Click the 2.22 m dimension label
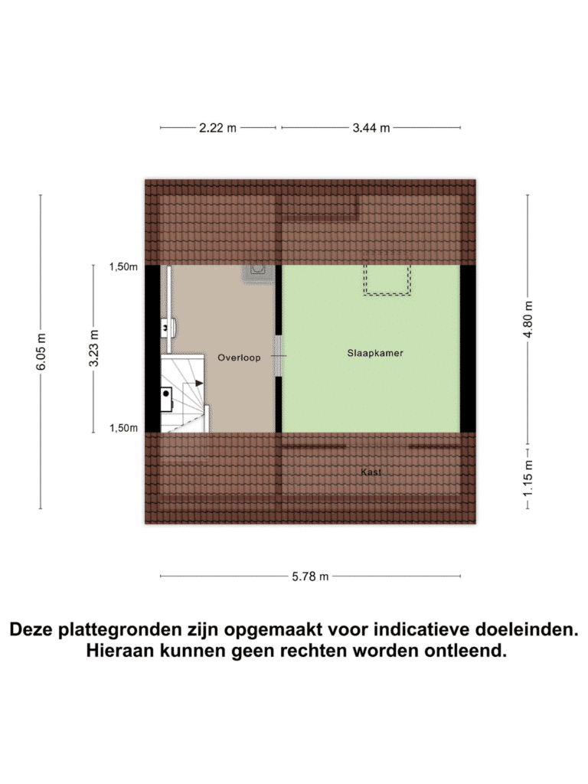tap(217, 128)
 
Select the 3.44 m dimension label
tap(371, 128)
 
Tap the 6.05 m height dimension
tap(41, 351)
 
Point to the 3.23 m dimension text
tap(94, 348)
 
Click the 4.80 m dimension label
tap(528, 319)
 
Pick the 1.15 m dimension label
tap(528, 479)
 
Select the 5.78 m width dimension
tap(311, 577)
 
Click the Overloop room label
tap(239, 358)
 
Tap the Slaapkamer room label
tap(375, 353)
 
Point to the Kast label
tap(371, 472)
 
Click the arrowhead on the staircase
tap(199, 384)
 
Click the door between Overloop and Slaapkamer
tap(279, 355)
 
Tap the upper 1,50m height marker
tap(123, 267)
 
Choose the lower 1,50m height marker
tap(123, 428)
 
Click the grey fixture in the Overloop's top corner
tap(259, 274)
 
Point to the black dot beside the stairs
tap(165, 394)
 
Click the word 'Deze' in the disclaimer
tap(31, 629)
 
